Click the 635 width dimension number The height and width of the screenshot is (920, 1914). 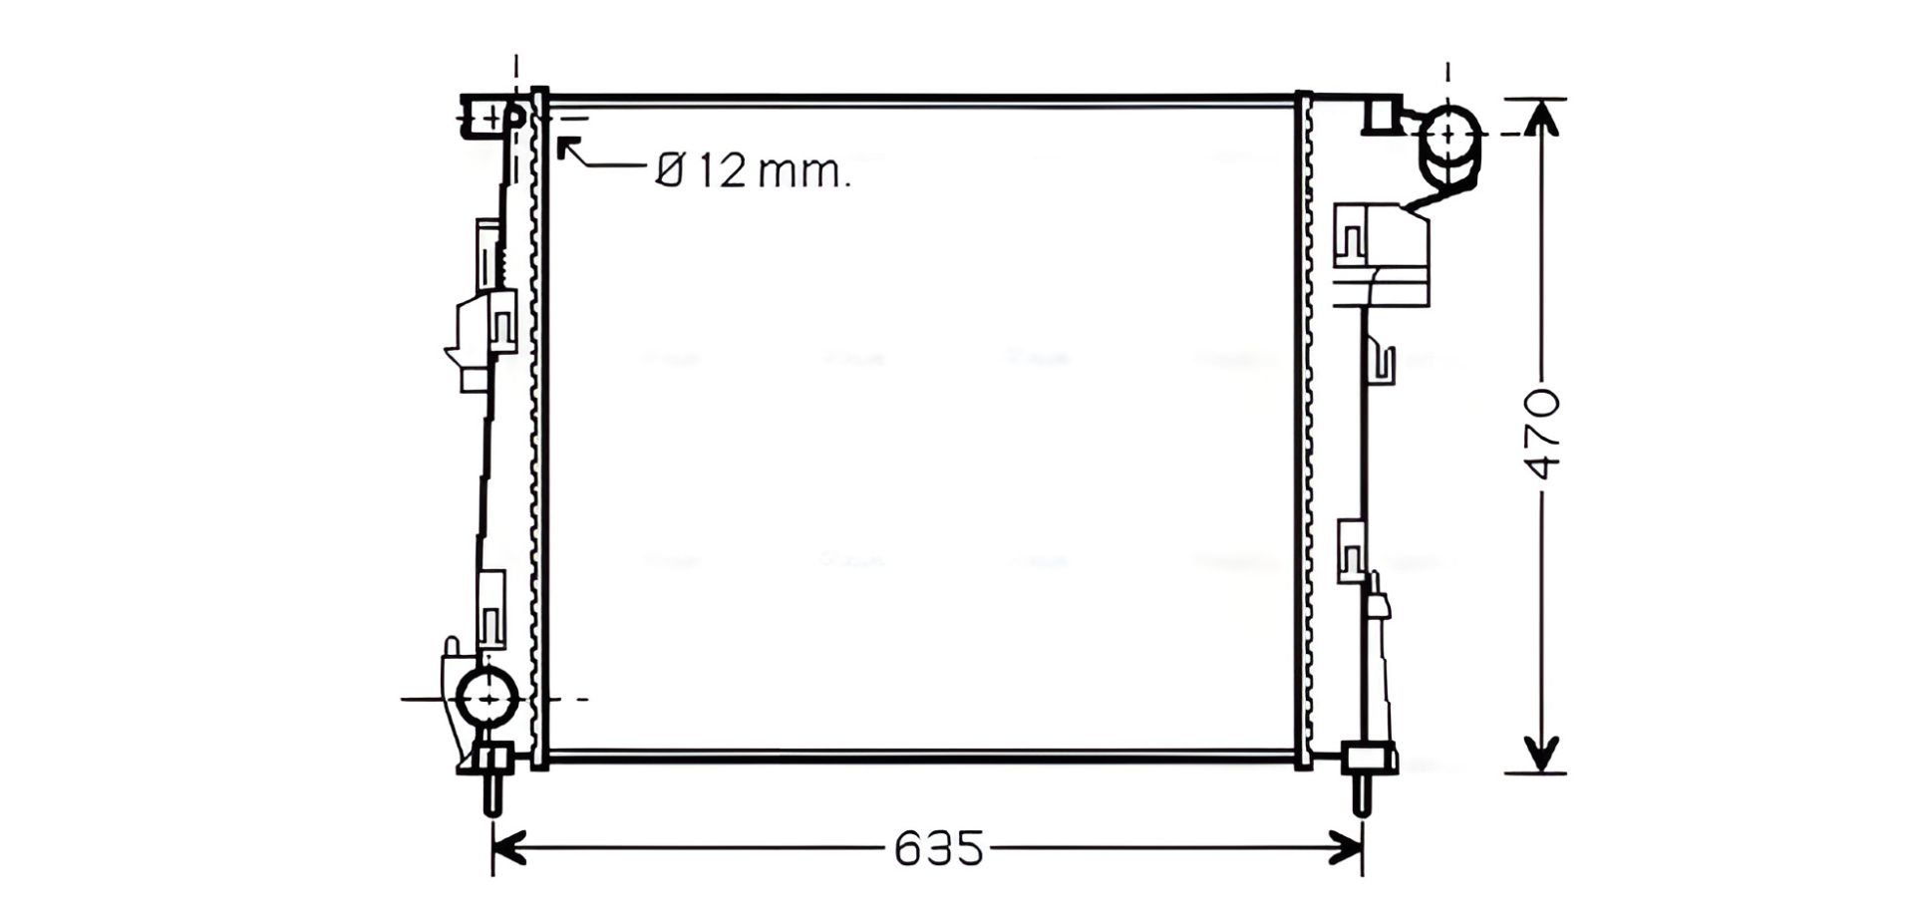[938, 848]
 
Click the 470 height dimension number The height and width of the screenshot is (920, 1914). [1543, 435]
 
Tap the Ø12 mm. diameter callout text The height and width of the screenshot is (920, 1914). [754, 171]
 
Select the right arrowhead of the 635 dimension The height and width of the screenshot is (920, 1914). [1347, 848]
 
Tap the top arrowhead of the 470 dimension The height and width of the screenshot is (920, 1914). [1541, 118]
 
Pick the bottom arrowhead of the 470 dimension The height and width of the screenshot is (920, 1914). [1541, 755]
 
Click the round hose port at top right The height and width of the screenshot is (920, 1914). [1448, 134]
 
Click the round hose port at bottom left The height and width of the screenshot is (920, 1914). [487, 698]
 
